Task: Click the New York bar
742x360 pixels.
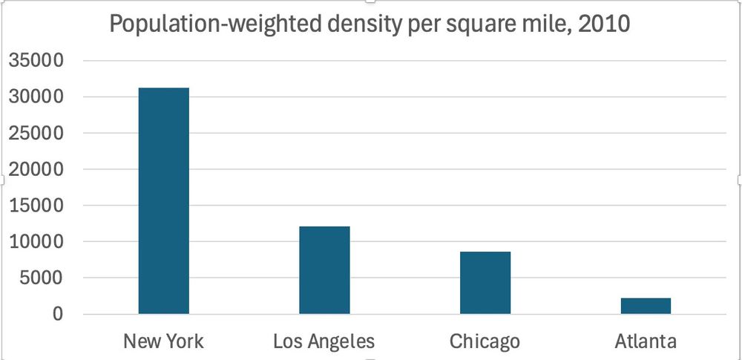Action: coord(163,200)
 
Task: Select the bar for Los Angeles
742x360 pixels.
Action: coord(324,269)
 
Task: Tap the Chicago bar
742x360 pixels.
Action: coord(485,283)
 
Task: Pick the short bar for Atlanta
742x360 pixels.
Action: coord(646,306)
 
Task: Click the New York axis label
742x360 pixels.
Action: coord(163,341)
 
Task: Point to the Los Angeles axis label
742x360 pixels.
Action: coord(324,341)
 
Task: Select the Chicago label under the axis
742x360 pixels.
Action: coord(485,341)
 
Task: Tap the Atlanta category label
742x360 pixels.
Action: coord(646,341)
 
